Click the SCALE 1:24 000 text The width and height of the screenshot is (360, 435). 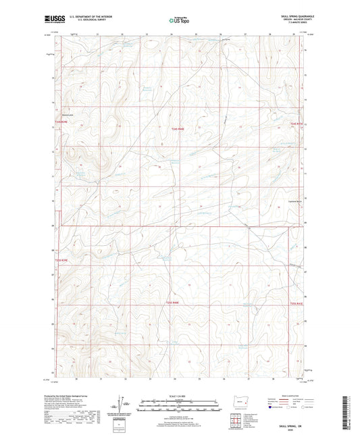tap(180, 396)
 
